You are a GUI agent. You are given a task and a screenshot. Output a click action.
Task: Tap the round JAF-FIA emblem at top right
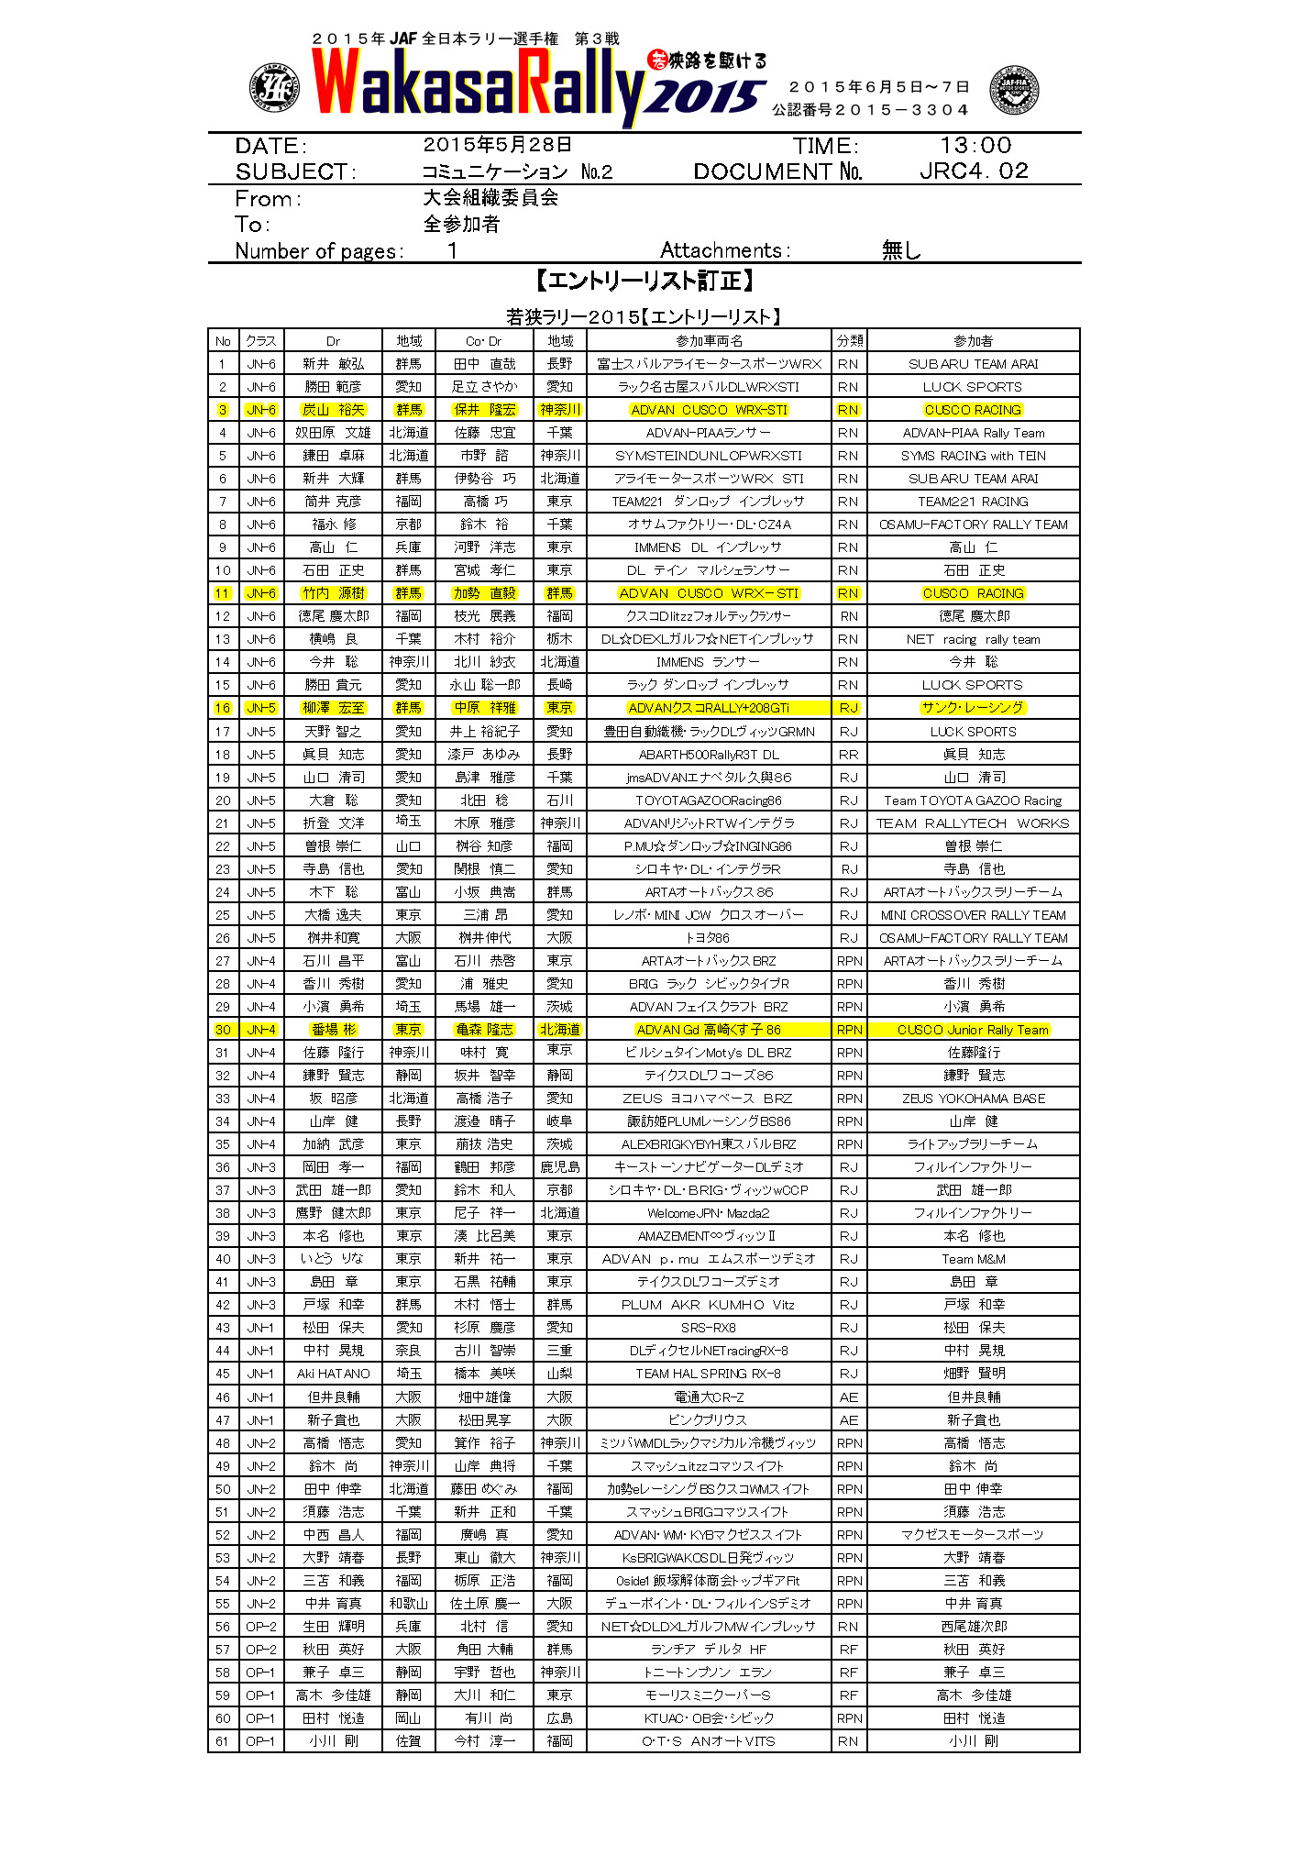tap(1013, 90)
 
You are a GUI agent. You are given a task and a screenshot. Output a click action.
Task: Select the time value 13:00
tap(975, 146)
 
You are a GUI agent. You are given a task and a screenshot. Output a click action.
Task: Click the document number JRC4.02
tap(974, 171)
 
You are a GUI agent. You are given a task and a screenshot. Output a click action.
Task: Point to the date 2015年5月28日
tap(498, 145)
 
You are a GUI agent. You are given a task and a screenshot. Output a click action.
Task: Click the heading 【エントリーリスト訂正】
tap(644, 281)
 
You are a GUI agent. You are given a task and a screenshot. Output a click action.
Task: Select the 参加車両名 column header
tap(709, 341)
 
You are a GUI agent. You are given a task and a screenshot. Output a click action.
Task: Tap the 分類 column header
tap(849, 341)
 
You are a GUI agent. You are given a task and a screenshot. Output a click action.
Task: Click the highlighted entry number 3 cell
tap(223, 410)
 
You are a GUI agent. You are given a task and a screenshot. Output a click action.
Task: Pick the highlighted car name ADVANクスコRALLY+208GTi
tap(709, 708)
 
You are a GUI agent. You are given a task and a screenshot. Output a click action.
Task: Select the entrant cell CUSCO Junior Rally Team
tap(973, 1030)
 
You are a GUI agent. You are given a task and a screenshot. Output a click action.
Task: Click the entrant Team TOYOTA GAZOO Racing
tap(973, 801)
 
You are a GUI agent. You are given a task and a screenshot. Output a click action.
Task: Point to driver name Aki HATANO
tap(333, 1374)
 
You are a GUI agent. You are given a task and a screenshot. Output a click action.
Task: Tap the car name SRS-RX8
tap(709, 1328)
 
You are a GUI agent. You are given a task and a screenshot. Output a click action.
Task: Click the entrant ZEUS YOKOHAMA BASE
tap(973, 1099)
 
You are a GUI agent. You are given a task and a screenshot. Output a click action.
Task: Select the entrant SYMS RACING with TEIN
tap(973, 456)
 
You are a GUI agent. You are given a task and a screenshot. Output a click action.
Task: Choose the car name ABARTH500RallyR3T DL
tap(709, 755)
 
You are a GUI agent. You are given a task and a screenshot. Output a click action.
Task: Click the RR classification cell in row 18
tap(849, 755)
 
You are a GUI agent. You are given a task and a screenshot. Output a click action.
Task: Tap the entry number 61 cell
tap(223, 1740)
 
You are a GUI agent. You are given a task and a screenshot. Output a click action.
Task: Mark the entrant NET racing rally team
tap(973, 639)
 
